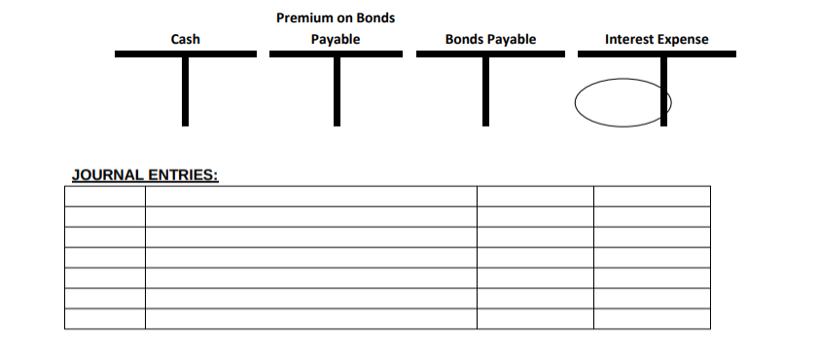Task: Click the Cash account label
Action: click(x=185, y=40)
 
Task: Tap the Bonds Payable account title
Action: click(x=490, y=40)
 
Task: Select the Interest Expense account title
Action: click(x=657, y=40)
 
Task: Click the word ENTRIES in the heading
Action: click(x=184, y=176)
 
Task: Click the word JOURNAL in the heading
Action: click(x=108, y=176)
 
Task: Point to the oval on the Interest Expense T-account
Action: click(x=621, y=102)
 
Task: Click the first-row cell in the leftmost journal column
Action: click(x=105, y=197)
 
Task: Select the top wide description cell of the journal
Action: click(x=311, y=197)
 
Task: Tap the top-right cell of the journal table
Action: click(x=652, y=197)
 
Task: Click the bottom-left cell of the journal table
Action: click(x=105, y=318)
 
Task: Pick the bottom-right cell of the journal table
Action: click(x=652, y=318)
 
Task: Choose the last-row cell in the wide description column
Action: click(x=311, y=318)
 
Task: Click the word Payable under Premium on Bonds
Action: click(x=336, y=40)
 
